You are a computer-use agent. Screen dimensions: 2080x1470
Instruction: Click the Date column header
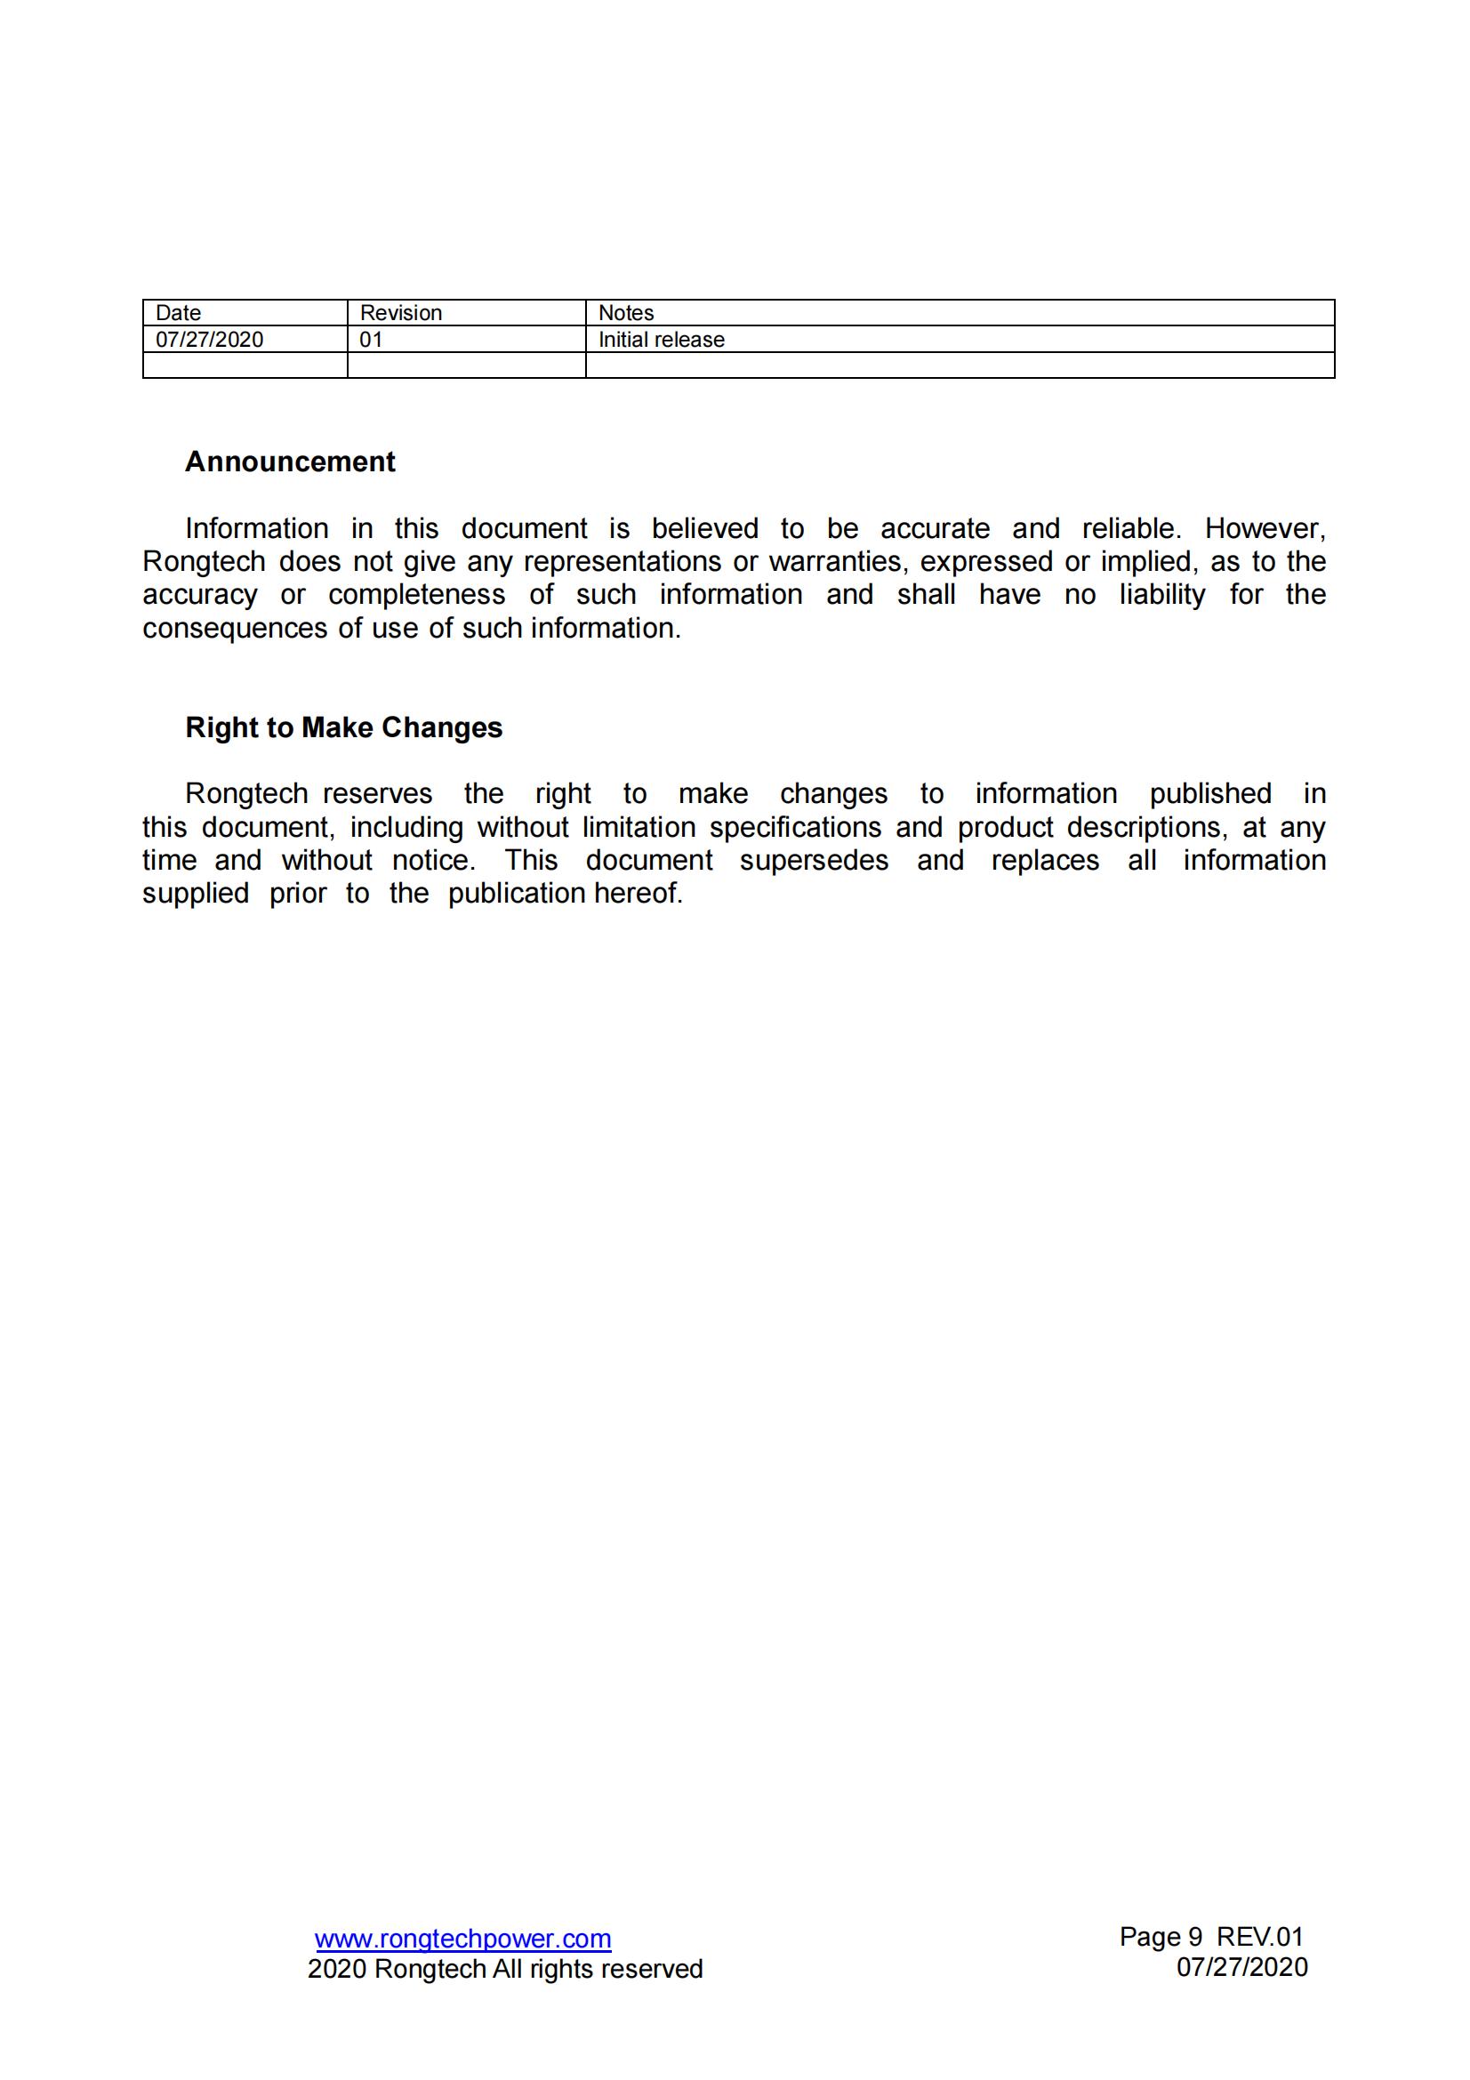[179, 312]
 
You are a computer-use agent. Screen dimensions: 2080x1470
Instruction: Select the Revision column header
[400, 312]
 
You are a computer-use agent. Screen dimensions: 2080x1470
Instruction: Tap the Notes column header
[626, 312]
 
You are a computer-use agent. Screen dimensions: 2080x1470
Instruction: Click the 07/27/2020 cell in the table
[209, 340]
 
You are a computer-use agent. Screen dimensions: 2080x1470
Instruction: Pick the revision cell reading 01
[372, 340]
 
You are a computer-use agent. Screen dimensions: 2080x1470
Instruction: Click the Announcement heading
[290, 462]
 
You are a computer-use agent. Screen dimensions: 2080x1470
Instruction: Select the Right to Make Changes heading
[343, 727]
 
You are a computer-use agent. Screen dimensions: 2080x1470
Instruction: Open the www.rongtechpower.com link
[462, 1939]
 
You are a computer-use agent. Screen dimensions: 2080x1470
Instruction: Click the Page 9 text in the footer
[1161, 1937]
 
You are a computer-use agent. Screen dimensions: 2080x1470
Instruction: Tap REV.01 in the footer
[1259, 1937]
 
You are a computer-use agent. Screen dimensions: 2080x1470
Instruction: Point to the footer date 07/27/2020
[1241, 1967]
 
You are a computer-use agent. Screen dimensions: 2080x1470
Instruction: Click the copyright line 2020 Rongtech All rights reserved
[504, 1969]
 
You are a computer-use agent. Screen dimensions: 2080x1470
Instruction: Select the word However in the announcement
[1265, 528]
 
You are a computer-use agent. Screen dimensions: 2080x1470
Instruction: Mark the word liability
[1162, 594]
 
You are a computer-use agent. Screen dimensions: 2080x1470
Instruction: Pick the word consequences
[235, 628]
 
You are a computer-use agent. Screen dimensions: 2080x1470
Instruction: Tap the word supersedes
[814, 860]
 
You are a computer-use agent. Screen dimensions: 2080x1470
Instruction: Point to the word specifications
[795, 827]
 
